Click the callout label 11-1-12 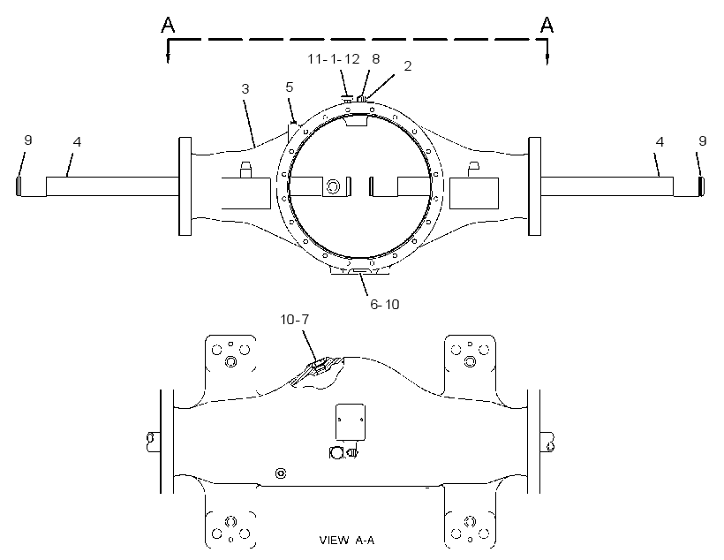coord(334,59)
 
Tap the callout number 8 coord(376,58)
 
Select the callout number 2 coord(407,66)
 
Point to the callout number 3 coord(245,88)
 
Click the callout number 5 coord(290,87)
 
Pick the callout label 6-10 coord(385,305)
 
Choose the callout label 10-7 coord(295,319)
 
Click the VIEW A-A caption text coord(347,541)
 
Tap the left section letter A coord(168,25)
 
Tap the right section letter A coord(547,25)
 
